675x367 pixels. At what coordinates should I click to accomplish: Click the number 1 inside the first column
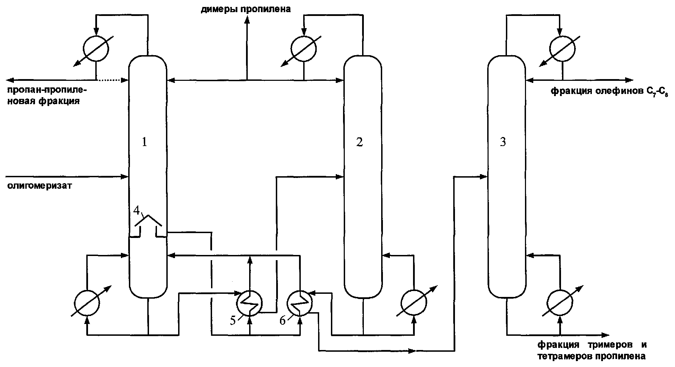click(x=145, y=142)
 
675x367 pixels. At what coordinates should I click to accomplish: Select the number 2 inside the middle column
click(x=360, y=142)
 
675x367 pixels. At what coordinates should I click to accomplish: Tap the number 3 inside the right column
click(x=503, y=142)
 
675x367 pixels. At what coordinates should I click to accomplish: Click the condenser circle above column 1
click(x=96, y=49)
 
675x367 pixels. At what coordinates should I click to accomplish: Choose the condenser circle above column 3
click(x=562, y=48)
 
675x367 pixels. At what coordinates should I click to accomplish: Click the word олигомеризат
click(x=40, y=186)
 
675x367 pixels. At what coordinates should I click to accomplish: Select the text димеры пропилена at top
click(x=246, y=9)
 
